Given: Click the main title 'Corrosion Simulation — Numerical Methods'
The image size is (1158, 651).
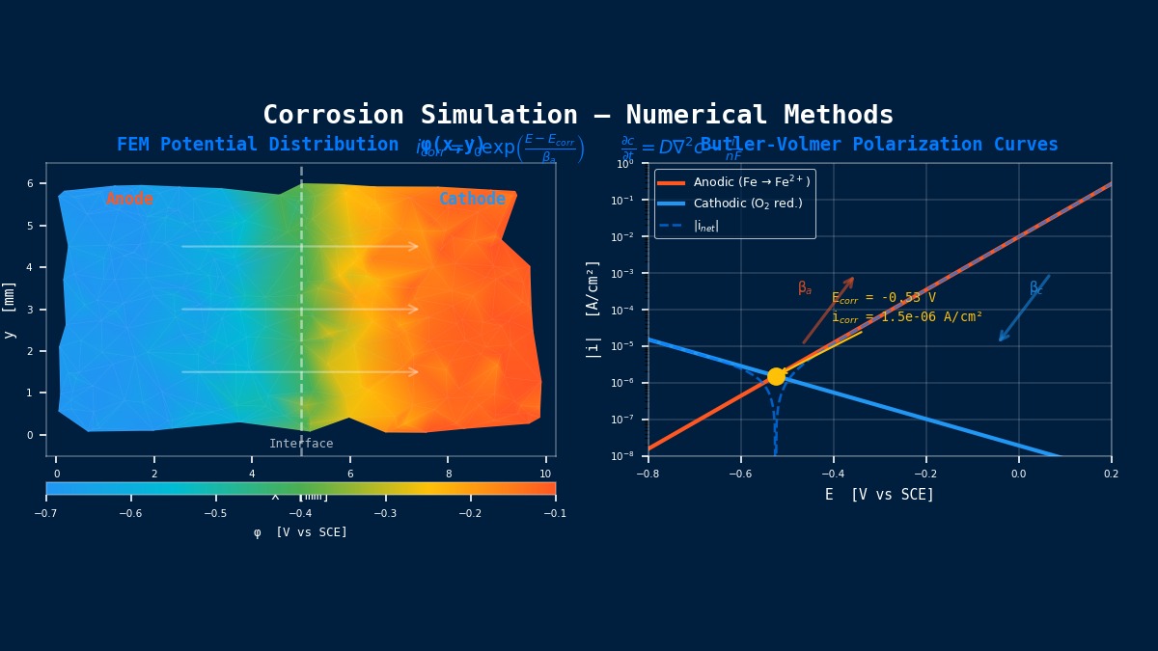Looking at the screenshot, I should [x=578, y=115].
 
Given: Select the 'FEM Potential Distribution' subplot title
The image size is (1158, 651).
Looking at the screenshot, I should [x=258, y=145].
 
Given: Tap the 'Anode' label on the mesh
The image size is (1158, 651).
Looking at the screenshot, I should [x=129, y=199].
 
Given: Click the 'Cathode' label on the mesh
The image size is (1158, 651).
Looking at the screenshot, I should [x=472, y=199].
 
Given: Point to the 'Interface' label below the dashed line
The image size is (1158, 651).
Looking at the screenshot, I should [x=301, y=444].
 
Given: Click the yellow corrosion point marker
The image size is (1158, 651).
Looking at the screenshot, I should [x=776, y=376].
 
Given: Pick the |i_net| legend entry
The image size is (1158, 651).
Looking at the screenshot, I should [x=705, y=226].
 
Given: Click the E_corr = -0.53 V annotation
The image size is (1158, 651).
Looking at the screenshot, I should [x=884, y=298].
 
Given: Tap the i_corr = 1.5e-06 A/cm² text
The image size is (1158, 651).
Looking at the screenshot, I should [x=907, y=316].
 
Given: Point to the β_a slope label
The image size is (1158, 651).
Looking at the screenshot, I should [x=805, y=287].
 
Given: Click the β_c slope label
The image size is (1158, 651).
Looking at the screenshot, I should [x=1036, y=287].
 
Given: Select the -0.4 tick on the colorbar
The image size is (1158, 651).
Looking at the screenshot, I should [x=301, y=513].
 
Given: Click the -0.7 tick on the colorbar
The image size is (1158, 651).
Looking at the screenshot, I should [x=45, y=513].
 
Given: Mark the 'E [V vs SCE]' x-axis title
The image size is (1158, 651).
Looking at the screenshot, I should [x=879, y=495].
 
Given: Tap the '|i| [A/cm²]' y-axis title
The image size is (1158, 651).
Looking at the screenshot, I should [x=593, y=309].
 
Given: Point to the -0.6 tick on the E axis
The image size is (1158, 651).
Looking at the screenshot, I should [x=740, y=474].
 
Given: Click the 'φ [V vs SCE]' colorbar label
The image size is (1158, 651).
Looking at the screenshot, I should [x=300, y=532].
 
